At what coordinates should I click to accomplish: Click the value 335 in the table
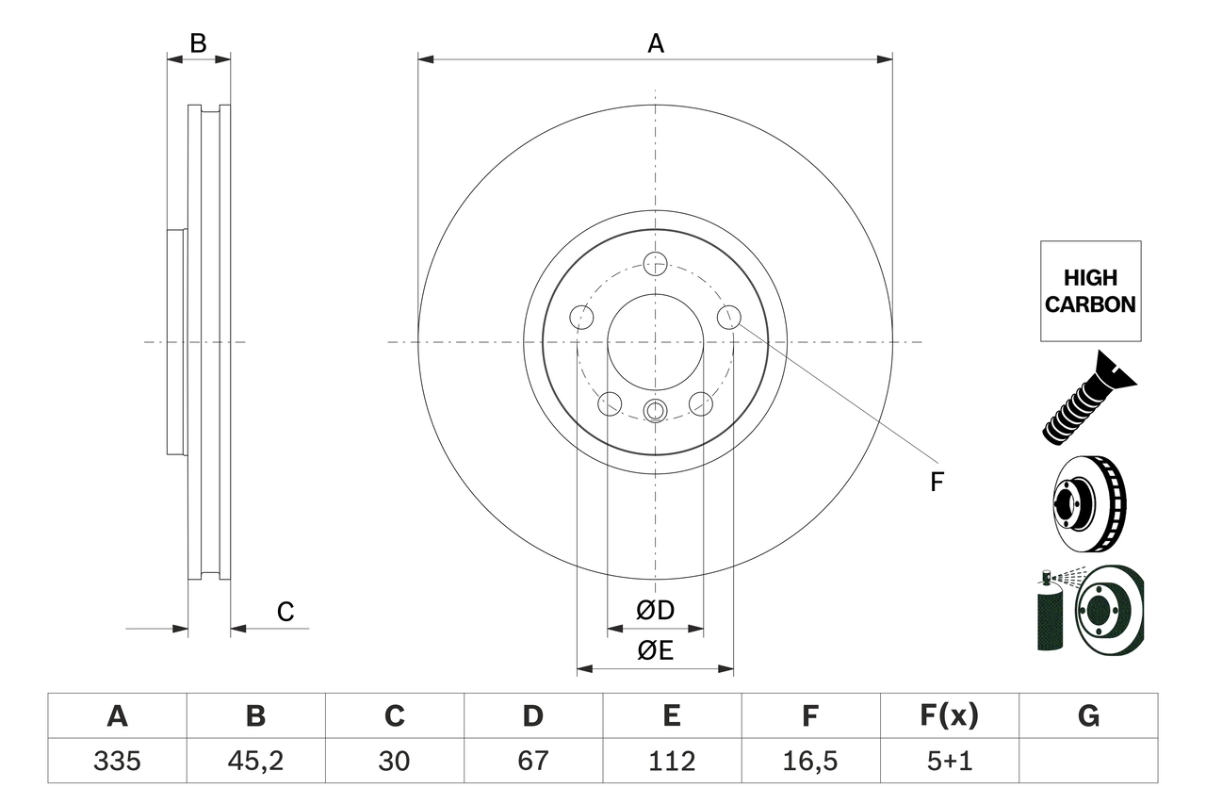[x=117, y=761]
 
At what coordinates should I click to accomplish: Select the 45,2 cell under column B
[x=255, y=761]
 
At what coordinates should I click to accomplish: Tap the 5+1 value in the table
[x=950, y=761]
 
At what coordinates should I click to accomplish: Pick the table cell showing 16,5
[x=810, y=761]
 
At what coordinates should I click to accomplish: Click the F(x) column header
[x=950, y=716]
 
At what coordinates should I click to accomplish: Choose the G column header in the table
[x=1088, y=716]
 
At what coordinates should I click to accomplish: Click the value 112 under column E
[x=672, y=761]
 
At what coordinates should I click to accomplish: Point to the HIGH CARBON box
[x=1090, y=291]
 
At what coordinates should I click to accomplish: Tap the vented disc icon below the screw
[x=1087, y=504]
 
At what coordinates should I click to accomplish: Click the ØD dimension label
[x=656, y=611]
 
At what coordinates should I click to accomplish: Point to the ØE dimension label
[x=656, y=650]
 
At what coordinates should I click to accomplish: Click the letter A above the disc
[x=656, y=43]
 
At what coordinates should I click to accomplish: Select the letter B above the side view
[x=198, y=43]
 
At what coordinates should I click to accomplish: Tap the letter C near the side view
[x=285, y=613]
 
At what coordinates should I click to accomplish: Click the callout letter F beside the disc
[x=936, y=483]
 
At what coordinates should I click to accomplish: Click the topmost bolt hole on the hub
[x=655, y=263]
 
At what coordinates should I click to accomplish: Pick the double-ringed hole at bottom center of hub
[x=655, y=410]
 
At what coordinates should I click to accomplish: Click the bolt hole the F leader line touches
[x=728, y=318]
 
